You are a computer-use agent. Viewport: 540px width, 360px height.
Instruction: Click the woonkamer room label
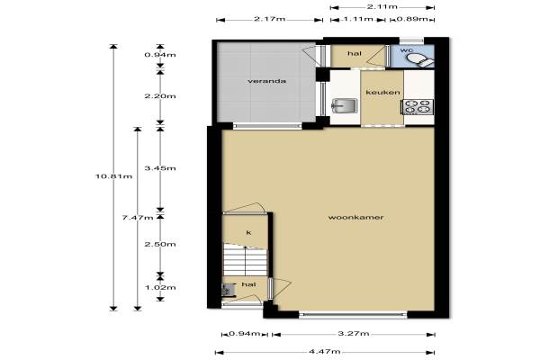tap(355, 218)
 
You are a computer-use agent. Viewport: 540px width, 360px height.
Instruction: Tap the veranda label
tap(267, 81)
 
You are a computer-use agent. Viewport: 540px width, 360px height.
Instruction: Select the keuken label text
tap(383, 92)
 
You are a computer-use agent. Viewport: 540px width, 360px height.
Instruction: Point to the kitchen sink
tap(345, 106)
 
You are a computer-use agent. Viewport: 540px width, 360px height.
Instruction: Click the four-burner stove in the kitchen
tap(418, 107)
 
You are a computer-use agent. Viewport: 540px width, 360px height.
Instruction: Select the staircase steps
tap(245, 259)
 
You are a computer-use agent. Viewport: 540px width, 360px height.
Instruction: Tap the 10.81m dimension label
tap(113, 176)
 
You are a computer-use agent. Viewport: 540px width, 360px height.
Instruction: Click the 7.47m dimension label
tap(138, 218)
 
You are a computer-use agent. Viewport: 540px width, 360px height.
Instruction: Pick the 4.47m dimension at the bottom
tap(325, 351)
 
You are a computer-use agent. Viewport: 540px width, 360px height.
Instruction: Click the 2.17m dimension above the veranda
tap(270, 19)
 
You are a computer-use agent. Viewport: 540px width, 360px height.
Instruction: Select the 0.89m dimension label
tap(412, 19)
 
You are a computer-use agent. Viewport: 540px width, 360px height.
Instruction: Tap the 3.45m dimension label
tap(160, 168)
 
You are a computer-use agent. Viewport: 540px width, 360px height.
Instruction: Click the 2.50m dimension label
tap(160, 244)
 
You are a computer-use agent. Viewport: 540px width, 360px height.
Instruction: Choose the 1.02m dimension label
tap(160, 287)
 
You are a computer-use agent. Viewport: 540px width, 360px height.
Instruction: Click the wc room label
tap(407, 50)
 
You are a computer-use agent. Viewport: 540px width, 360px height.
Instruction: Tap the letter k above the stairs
tap(248, 232)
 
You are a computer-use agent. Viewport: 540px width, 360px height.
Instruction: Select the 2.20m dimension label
tap(160, 96)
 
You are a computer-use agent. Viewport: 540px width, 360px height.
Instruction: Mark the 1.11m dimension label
tap(358, 19)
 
